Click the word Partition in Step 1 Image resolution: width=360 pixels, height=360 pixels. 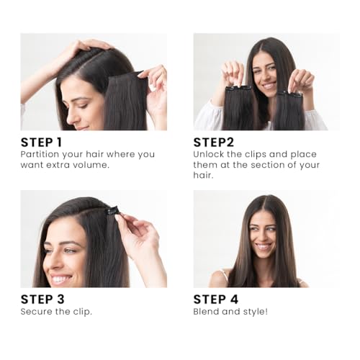point(41,154)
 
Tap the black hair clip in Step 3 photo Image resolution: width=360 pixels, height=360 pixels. point(112,211)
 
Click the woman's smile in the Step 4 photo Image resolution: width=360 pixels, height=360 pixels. point(264,246)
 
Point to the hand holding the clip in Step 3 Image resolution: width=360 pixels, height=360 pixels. point(139,234)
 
